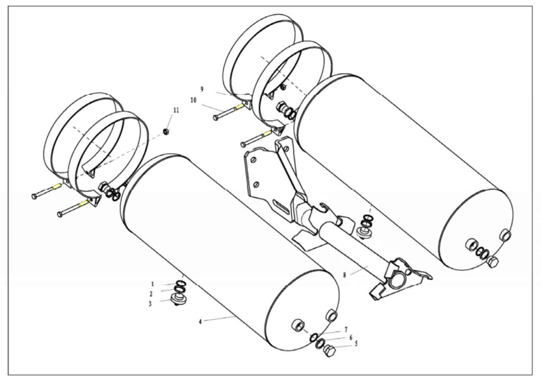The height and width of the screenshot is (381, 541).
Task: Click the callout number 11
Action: tap(176, 110)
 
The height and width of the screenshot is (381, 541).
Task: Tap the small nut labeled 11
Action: tap(166, 132)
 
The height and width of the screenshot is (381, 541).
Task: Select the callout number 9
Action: tap(202, 90)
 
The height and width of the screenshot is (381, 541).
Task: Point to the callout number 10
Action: tap(193, 100)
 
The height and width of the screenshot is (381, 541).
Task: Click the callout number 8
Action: tap(344, 275)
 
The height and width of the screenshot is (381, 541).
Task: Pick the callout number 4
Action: tap(200, 322)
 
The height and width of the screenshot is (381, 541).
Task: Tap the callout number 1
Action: tap(153, 284)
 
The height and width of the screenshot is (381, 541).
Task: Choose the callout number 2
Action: tap(151, 294)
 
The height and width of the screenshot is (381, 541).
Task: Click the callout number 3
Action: tap(150, 304)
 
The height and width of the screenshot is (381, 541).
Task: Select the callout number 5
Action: tap(356, 344)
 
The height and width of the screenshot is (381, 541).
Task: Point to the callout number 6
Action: tap(351, 337)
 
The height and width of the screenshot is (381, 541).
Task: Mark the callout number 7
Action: tap(346, 330)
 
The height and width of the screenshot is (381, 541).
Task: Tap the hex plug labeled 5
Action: tap(329, 351)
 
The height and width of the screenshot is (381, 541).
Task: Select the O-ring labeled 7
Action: tap(313, 338)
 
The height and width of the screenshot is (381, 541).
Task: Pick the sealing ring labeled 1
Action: tap(181, 283)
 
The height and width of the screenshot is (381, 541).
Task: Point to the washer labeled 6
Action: tap(320, 344)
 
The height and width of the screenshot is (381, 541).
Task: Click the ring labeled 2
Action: tap(181, 289)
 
